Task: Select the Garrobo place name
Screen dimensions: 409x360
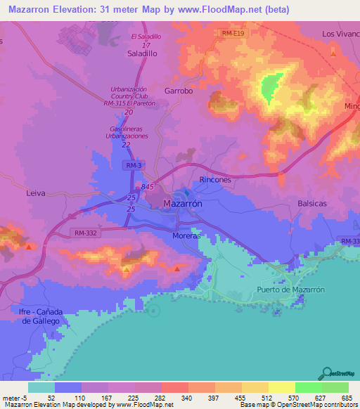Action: coord(178,91)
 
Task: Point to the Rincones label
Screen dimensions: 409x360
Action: coord(215,180)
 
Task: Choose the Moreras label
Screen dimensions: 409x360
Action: coord(186,236)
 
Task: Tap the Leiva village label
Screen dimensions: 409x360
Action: coord(35,191)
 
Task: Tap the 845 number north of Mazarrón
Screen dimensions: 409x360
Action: coord(147,187)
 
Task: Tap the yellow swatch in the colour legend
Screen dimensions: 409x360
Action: coord(281,387)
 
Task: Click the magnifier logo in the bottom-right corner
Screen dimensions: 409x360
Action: coord(326,373)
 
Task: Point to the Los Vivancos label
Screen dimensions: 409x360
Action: coord(340,34)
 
